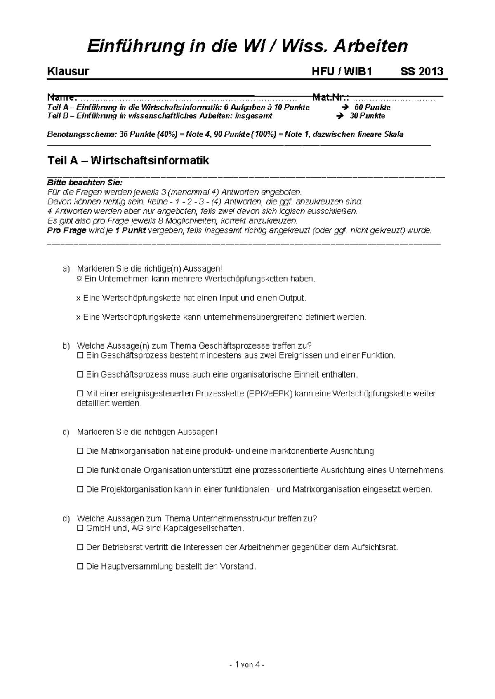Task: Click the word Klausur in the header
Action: click(68, 72)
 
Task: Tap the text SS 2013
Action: click(422, 72)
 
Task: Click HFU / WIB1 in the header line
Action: click(342, 72)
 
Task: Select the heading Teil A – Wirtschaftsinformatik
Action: click(128, 160)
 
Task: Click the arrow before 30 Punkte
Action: click(340, 116)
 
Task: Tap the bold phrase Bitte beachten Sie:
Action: click(85, 183)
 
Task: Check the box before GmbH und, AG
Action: click(80, 528)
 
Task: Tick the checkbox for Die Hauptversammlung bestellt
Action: click(80, 567)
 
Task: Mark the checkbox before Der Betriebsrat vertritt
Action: click(80, 548)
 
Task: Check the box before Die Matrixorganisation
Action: click(80, 451)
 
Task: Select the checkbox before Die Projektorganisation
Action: click(80, 490)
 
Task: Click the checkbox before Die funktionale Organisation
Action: click(80, 470)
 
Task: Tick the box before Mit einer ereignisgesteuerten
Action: click(80, 394)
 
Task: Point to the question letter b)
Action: click(66, 346)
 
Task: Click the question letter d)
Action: click(66, 518)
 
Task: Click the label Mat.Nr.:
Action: click(331, 98)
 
